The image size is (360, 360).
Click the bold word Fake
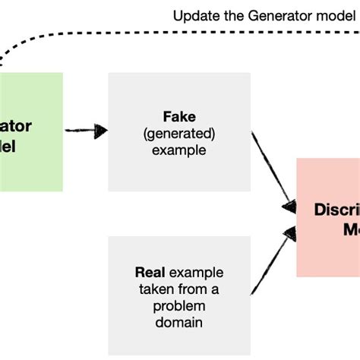click(179, 118)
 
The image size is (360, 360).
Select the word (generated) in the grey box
click(179, 134)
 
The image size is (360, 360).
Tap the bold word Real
click(151, 273)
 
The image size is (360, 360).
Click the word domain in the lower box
click(179, 321)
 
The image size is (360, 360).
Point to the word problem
click(179, 305)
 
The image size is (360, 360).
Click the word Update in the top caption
click(194, 15)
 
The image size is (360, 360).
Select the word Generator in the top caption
click(272, 15)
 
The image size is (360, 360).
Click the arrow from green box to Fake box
click(85, 131)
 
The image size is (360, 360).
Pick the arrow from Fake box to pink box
click(273, 171)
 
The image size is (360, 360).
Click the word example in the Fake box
click(179, 150)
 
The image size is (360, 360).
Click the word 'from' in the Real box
click(190, 289)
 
